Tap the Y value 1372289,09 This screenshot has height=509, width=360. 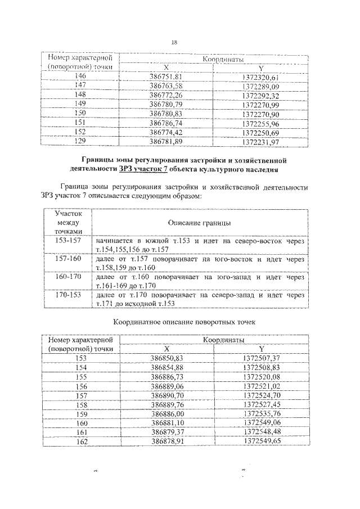[260, 86]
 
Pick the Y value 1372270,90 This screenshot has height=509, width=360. [260, 114]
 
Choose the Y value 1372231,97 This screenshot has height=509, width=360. [260, 141]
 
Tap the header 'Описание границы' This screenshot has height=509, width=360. [199, 223]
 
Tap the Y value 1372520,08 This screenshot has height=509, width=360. [262, 376]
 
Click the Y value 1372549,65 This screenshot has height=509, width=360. [262, 442]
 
